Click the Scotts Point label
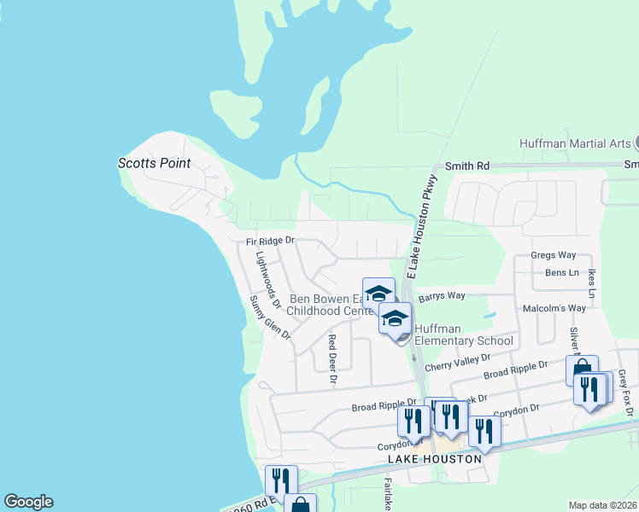click(154, 163)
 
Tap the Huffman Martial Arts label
click(575, 143)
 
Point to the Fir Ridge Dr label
click(266, 241)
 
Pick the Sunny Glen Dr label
click(270, 317)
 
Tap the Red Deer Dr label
click(333, 358)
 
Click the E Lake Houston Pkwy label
click(422, 226)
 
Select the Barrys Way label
click(442, 296)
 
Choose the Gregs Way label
click(553, 255)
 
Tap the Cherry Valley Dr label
click(458, 363)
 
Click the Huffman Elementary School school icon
click(395, 320)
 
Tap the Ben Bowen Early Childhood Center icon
click(378, 293)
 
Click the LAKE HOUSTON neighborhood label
click(435, 459)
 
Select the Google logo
click(28, 502)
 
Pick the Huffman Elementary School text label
click(464, 335)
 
